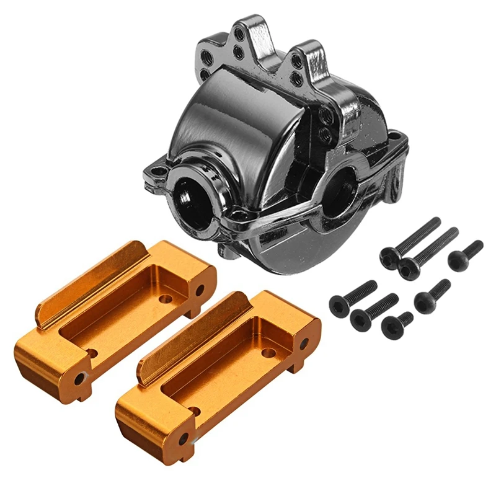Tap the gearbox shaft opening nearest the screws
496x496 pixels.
[x=340, y=189]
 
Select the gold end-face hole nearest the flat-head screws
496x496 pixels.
[x=304, y=344]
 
